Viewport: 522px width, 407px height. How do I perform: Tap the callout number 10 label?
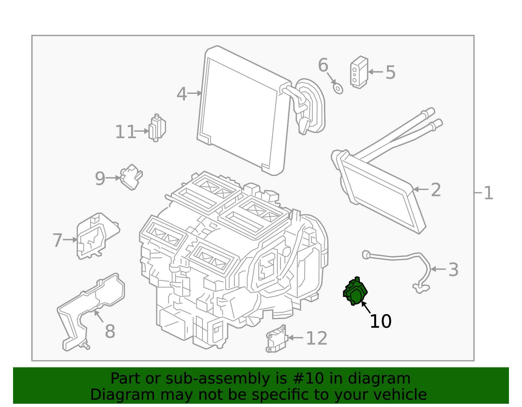[380, 321]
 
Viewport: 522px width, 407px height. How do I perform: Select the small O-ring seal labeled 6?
[338, 88]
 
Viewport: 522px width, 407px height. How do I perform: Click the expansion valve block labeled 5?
[359, 72]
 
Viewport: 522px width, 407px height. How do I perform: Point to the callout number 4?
[181, 94]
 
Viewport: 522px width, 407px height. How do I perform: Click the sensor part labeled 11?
[157, 128]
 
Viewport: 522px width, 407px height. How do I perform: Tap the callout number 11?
[125, 132]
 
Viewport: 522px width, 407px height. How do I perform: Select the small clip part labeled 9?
[131, 177]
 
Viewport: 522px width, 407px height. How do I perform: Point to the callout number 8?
[110, 331]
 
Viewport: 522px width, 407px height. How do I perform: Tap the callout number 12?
[316, 338]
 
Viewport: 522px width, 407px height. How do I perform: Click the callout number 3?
[453, 270]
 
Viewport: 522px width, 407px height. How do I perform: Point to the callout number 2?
[436, 190]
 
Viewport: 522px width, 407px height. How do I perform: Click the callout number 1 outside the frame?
[488, 193]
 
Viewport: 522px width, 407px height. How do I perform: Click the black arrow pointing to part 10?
[366, 308]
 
